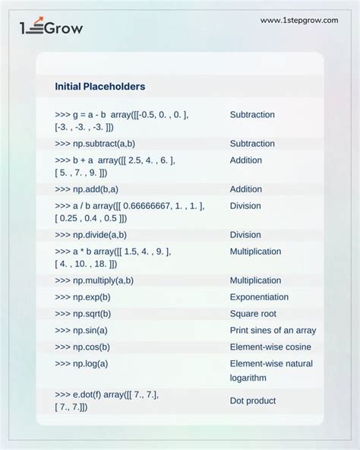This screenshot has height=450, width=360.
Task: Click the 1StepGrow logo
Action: (51, 28)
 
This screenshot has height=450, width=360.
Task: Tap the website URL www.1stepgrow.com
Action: (299, 21)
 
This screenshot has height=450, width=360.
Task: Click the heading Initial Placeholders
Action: (99, 87)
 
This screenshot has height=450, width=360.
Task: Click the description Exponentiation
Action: (259, 297)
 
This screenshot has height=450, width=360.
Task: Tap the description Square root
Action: (254, 314)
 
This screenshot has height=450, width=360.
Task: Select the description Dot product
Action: (253, 401)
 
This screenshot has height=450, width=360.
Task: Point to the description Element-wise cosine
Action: (270, 347)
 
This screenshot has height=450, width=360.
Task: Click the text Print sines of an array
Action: (273, 331)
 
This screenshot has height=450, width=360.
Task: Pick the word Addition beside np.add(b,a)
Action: (246, 189)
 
